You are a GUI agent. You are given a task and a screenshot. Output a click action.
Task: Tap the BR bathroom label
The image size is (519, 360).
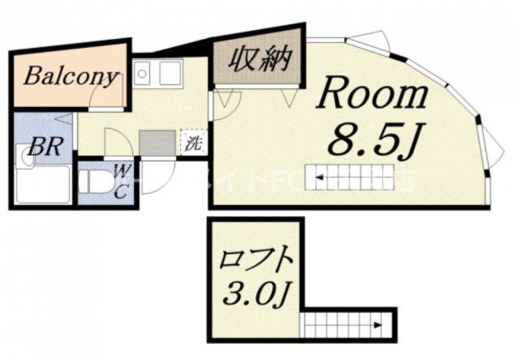pos(36,149)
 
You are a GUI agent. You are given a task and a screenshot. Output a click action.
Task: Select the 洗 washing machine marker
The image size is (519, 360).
pos(193,144)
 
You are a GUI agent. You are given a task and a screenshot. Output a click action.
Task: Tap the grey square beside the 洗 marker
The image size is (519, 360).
pos(157,143)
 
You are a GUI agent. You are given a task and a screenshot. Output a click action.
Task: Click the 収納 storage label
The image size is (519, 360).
pos(259,59)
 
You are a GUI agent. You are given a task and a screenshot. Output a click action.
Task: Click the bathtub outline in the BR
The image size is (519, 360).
pos(42,185)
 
